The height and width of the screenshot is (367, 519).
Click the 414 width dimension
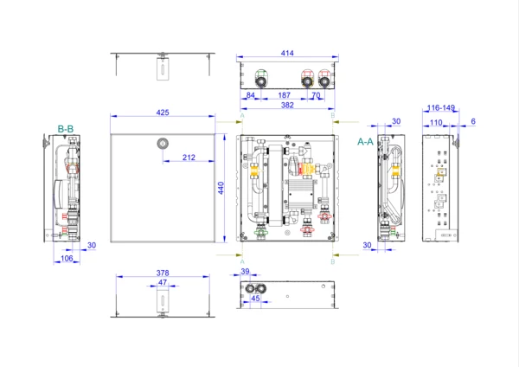(x=286, y=54)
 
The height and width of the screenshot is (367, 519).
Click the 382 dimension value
(x=286, y=105)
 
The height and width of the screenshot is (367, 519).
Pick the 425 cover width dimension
(x=163, y=112)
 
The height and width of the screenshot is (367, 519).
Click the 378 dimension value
(x=163, y=273)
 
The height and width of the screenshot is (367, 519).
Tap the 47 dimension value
(x=162, y=282)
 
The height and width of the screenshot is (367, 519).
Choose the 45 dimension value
(x=255, y=299)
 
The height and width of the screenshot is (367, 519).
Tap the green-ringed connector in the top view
(x=261, y=74)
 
